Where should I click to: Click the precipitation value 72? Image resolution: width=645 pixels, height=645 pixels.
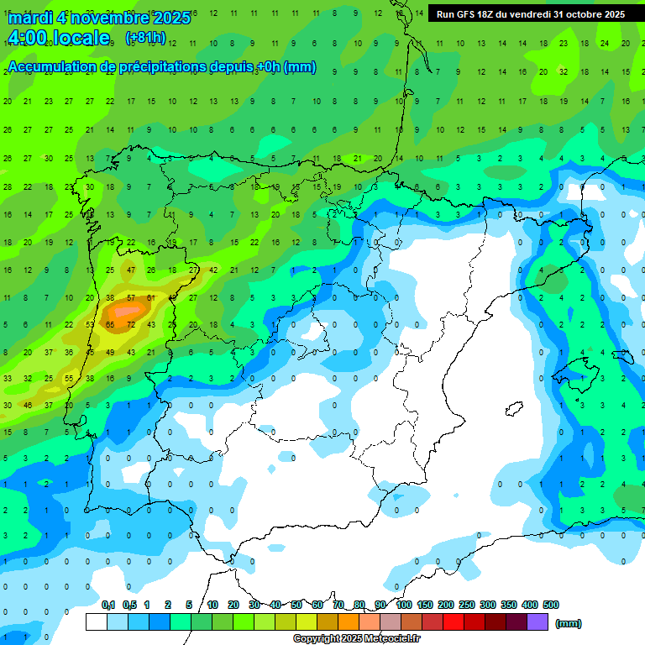pos(131,324)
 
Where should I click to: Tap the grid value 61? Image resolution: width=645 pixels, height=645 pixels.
pos(151,297)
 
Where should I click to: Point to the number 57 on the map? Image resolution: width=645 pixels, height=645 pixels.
pos(131,297)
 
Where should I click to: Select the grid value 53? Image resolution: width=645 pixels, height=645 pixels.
pos(90,324)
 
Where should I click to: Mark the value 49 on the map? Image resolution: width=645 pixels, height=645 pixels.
pos(110,352)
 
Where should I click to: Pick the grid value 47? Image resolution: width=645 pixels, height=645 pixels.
pos(131,270)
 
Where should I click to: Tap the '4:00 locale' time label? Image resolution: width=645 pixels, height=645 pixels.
pos(57,38)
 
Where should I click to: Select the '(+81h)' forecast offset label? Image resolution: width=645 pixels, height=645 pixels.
pos(144,38)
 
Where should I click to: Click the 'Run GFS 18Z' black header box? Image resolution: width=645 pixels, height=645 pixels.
pos(531,13)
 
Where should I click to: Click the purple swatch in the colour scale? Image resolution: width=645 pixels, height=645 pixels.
pos(537,622)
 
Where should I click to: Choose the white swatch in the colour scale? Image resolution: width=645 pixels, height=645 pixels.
pos(97,622)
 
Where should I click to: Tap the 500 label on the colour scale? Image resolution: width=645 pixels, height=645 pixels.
pos(551,605)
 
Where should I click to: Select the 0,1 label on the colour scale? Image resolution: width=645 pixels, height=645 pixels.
pos(108,605)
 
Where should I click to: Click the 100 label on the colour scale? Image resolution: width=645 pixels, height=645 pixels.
pos(403,605)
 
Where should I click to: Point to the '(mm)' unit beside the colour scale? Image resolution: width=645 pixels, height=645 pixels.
pos(569,623)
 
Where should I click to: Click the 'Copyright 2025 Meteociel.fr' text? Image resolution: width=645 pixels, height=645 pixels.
pos(357,639)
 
